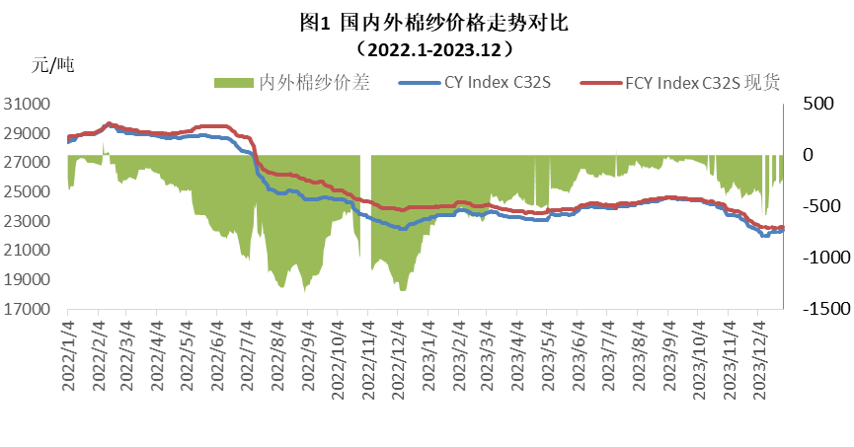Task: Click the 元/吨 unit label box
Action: click(84, 66)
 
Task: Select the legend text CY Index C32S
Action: click(497, 83)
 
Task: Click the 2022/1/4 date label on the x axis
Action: click(68, 353)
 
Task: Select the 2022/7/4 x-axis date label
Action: click(247, 353)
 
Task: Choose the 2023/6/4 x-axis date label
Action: click(578, 353)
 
